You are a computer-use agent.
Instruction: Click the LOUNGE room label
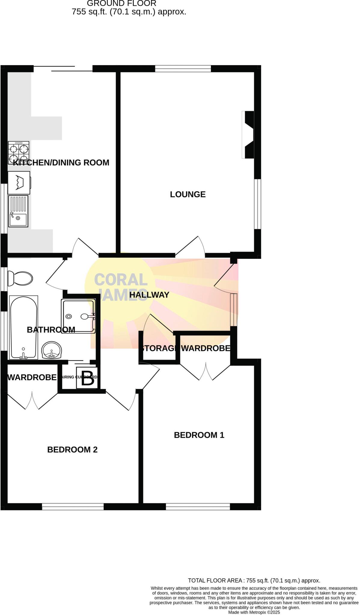pyautogui.click(x=188, y=194)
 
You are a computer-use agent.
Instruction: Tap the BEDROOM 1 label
pyautogui.click(x=199, y=435)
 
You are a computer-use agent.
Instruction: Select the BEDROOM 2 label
pyautogui.click(x=72, y=450)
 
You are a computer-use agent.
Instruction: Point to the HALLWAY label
pyautogui.click(x=149, y=295)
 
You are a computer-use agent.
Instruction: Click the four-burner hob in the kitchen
pyautogui.click(x=19, y=153)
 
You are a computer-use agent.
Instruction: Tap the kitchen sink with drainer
pyautogui.click(x=18, y=211)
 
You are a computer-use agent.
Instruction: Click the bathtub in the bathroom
pyautogui.click(x=24, y=327)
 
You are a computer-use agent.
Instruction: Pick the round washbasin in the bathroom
pyautogui.click(x=52, y=350)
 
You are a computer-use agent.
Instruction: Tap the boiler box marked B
pyautogui.click(x=87, y=378)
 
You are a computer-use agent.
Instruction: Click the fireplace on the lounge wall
pyautogui.click(x=248, y=135)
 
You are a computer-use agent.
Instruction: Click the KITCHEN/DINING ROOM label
pyautogui.click(x=61, y=162)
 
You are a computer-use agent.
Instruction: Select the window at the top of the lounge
pyautogui.click(x=183, y=69)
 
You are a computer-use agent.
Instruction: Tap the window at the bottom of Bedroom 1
pyautogui.click(x=198, y=507)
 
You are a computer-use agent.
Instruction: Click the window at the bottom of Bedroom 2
pyautogui.click(x=73, y=507)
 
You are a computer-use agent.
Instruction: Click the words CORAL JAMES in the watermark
pyautogui.click(x=121, y=287)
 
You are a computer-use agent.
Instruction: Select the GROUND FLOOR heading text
pyautogui.click(x=121, y=4)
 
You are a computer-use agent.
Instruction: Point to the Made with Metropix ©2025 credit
pyautogui.click(x=254, y=612)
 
